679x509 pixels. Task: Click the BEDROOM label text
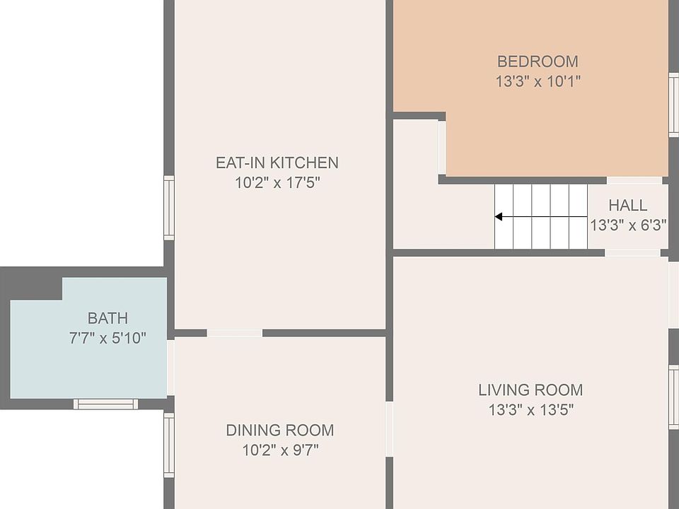tap(538, 62)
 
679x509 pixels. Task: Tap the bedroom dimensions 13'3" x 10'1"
tap(538, 81)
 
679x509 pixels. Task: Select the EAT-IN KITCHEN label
tap(277, 163)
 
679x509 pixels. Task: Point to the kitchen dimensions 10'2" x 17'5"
tap(277, 183)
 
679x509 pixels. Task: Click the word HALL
tap(627, 206)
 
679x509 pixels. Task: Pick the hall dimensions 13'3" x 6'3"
tap(628, 226)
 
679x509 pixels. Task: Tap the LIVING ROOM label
tap(530, 390)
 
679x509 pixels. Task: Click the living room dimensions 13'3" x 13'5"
tap(530, 409)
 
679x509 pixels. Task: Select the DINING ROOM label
tap(279, 430)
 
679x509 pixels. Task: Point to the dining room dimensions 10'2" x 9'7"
tap(279, 450)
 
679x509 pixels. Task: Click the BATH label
tap(108, 318)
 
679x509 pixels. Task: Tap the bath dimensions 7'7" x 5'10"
tap(108, 338)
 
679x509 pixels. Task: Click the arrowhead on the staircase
tap(499, 217)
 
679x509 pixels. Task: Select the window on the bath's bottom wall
tap(106, 404)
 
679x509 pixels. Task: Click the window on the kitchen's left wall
tap(169, 208)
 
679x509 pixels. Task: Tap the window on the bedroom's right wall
tap(673, 104)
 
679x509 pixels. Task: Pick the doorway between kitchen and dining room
tap(234, 333)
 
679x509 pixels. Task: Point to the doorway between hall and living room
tap(632, 252)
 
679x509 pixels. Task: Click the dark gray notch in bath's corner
tap(32, 283)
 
